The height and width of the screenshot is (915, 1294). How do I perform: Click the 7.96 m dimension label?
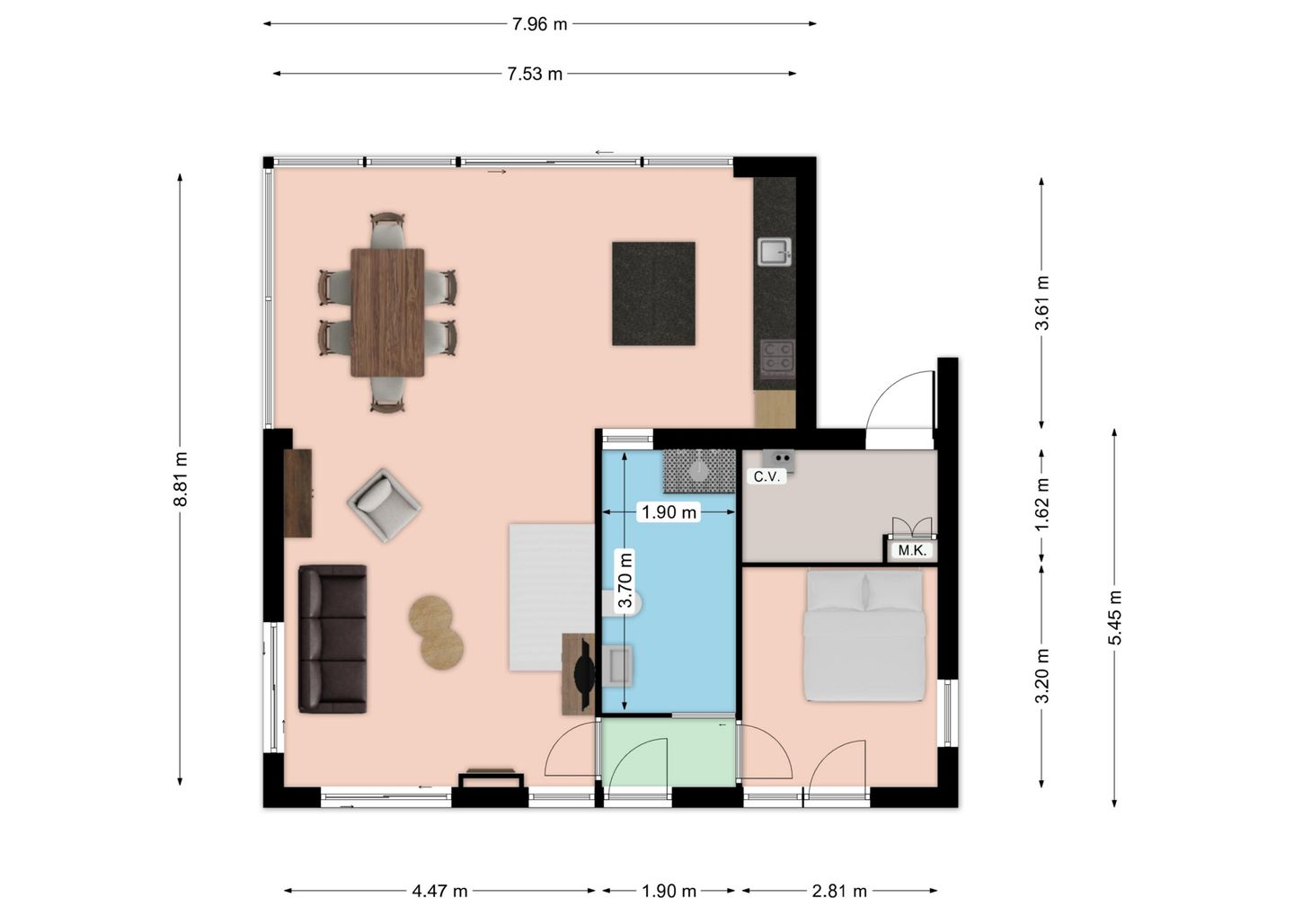(x=539, y=24)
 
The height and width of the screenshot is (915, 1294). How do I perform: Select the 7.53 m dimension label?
(x=535, y=74)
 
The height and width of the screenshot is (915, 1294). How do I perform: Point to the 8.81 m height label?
(x=181, y=479)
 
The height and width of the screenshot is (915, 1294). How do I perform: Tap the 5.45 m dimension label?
(x=1114, y=617)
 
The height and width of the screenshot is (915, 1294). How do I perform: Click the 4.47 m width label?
(x=439, y=892)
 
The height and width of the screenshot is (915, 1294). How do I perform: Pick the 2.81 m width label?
(x=839, y=892)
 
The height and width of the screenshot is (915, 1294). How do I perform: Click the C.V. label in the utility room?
(x=767, y=477)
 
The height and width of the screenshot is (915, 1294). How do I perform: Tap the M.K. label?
(x=913, y=551)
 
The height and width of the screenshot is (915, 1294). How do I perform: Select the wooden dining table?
(x=387, y=313)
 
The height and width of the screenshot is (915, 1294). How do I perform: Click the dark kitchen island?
(x=654, y=293)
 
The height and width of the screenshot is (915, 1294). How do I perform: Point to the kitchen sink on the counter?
(x=775, y=253)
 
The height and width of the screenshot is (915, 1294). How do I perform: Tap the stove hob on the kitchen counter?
(x=777, y=356)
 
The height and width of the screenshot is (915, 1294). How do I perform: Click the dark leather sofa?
(x=332, y=639)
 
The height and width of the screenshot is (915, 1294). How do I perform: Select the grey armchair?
(x=385, y=505)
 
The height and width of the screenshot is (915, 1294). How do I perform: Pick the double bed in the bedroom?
(x=864, y=635)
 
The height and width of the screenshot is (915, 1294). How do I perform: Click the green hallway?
(x=669, y=752)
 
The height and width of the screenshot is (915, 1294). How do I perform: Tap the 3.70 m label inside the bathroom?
(x=625, y=580)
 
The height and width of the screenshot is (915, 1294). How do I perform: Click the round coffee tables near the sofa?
(x=436, y=633)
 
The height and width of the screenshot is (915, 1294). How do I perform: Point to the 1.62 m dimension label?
(x=1041, y=504)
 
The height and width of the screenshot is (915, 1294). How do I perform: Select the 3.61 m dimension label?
(x=1041, y=303)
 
